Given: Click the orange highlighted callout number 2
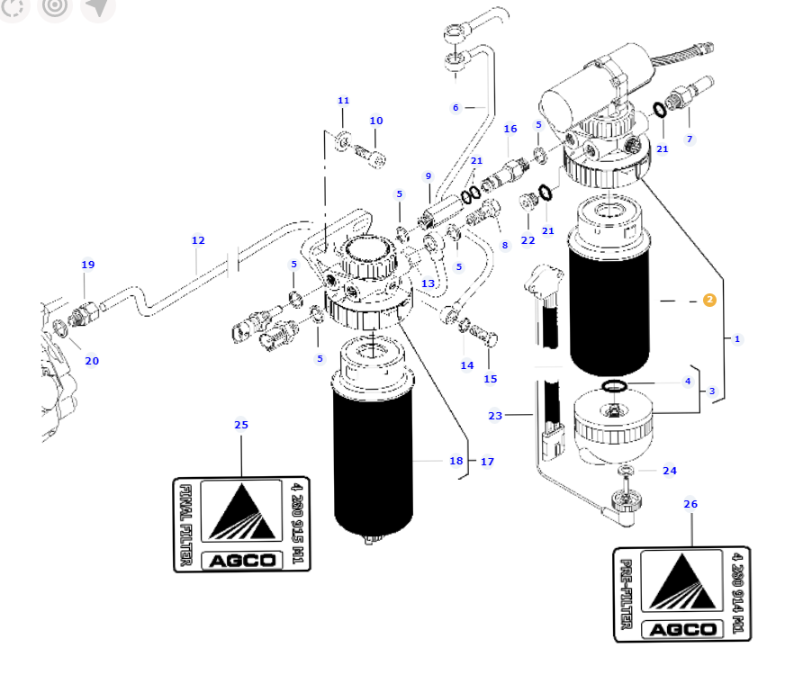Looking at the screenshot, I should click(x=709, y=300).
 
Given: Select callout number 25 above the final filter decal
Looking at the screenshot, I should click(x=241, y=425).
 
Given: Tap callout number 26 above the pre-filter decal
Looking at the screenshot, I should click(x=690, y=504).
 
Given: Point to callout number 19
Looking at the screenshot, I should click(x=87, y=265).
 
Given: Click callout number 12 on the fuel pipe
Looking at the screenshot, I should click(x=198, y=240).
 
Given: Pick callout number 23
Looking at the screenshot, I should click(x=495, y=416).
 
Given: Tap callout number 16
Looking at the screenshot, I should click(x=510, y=129).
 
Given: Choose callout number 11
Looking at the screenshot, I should click(x=343, y=100).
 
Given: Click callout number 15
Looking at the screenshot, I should click(x=490, y=379).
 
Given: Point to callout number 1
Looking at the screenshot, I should click(x=737, y=339).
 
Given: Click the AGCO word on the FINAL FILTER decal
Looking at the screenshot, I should click(x=242, y=560).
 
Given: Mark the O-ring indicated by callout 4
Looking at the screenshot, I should click(x=615, y=387).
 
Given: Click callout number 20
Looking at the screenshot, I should click(x=91, y=361).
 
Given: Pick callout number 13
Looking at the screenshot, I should click(x=428, y=283).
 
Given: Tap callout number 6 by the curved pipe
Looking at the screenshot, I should click(x=456, y=108).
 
